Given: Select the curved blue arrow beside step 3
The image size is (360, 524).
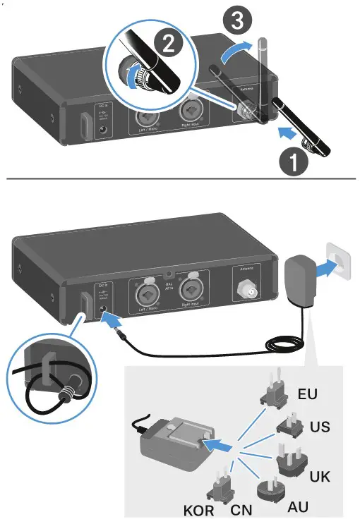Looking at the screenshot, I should pos(234,52).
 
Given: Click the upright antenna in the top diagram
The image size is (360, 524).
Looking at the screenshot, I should pos(264,78).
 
